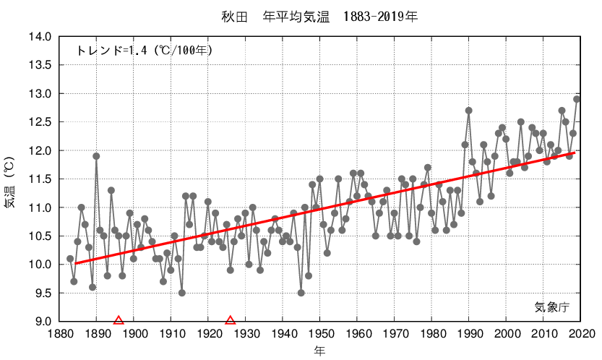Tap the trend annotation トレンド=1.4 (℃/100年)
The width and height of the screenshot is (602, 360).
point(144,51)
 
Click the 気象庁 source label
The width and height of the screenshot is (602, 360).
point(552,307)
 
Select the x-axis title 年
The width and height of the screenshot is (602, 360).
point(319,351)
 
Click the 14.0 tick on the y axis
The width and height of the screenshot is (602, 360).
point(40,37)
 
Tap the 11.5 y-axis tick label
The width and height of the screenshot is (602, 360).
point(40,179)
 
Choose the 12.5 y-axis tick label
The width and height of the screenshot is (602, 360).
point(40,122)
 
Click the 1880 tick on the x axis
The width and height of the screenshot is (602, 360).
point(59,334)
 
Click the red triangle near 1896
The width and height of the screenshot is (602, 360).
point(119,320)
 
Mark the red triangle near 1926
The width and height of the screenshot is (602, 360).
point(231,320)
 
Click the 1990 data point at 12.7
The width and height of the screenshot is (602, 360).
point(469,111)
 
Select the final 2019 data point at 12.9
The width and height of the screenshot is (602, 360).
point(577,99)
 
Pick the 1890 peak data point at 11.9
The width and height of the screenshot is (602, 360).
point(96,156)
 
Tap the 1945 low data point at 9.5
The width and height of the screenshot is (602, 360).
point(301,293)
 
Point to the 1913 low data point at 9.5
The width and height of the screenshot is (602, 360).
point(181,293)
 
